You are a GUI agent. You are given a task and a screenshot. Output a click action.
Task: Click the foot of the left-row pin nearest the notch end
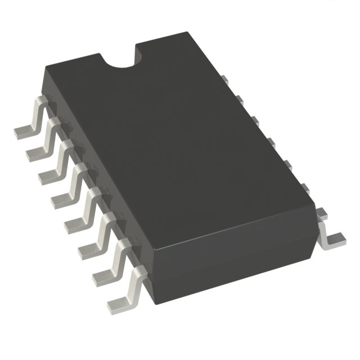click(x=24, y=131)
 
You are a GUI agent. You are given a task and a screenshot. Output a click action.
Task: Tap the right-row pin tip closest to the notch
click(x=223, y=79)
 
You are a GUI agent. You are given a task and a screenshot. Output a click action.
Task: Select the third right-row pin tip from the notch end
click(x=254, y=120)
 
